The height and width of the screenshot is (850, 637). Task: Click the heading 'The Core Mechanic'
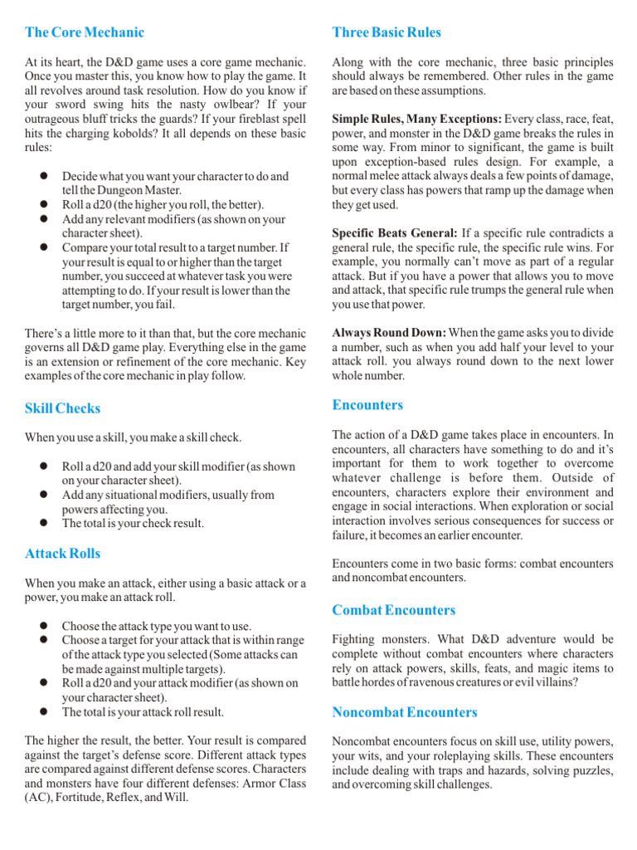click(85, 32)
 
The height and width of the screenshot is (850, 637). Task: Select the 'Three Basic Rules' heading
click(387, 32)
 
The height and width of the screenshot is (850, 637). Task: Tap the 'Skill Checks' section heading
click(63, 408)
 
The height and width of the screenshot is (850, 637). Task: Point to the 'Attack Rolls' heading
click(63, 554)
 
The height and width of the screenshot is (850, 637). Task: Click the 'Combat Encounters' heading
click(394, 610)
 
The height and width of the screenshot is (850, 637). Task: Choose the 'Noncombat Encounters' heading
click(405, 712)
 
